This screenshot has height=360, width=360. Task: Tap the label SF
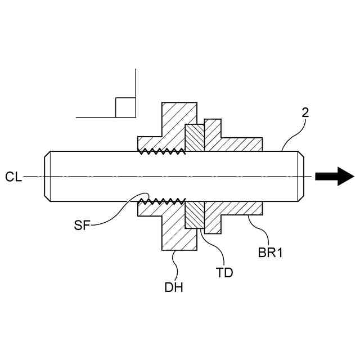click(83, 226)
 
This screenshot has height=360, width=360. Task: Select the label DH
click(174, 287)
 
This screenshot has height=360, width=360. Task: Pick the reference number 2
click(305, 112)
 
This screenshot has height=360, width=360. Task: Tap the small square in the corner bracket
click(125, 107)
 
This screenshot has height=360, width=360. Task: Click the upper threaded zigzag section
click(163, 151)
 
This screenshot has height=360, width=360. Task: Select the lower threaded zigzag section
click(163, 201)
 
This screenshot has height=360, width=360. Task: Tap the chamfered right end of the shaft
click(301, 176)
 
